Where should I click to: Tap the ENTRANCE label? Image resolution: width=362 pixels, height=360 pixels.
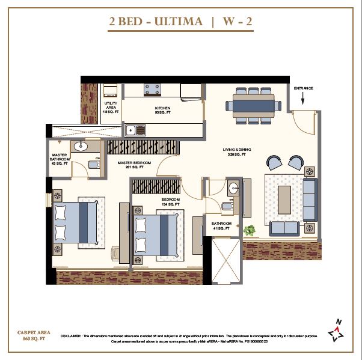pyautogui.click(x=304, y=88)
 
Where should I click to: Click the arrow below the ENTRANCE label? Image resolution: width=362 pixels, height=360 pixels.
pyautogui.click(x=304, y=99)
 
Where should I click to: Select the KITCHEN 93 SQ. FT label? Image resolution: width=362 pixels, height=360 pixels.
pyautogui.click(x=162, y=110)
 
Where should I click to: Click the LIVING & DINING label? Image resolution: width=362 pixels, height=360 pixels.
pyautogui.click(x=238, y=151)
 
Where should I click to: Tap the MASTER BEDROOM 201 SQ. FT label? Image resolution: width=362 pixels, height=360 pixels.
pyautogui.click(x=134, y=165)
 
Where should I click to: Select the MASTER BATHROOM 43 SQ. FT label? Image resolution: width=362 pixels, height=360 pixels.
pyautogui.click(x=60, y=159)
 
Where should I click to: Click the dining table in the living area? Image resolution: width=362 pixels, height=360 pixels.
pyautogui.click(x=252, y=105)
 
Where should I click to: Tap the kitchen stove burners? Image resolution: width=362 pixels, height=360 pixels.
pyautogui.click(x=152, y=89)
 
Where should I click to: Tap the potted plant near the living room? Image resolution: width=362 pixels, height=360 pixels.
pyautogui.click(x=250, y=230)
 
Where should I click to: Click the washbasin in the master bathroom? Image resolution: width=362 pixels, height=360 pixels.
pyautogui.click(x=81, y=147)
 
